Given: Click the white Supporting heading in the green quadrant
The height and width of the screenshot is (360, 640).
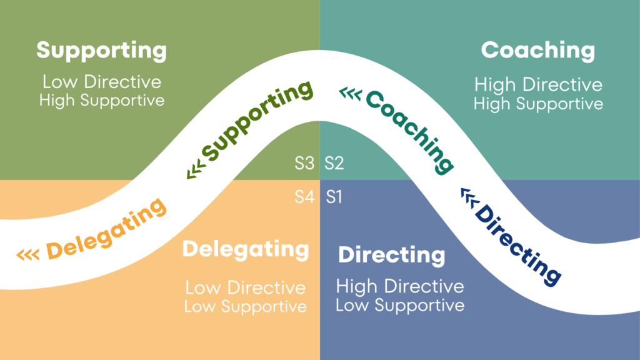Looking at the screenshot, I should [101, 51].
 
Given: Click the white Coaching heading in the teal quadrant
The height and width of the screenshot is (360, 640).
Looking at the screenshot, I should [537, 51].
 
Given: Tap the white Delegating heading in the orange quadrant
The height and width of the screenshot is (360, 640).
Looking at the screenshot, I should [246, 249].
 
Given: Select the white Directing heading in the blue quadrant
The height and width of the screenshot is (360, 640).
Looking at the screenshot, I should [392, 255].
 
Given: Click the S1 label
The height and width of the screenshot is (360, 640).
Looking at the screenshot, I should [334, 197].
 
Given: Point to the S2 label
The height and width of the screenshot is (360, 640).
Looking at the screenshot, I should [334, 164].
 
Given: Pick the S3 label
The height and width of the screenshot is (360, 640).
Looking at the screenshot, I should [304, 164].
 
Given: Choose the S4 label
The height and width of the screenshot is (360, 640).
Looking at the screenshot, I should [304, 197].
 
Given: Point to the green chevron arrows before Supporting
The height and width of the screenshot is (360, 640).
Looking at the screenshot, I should [195, 169].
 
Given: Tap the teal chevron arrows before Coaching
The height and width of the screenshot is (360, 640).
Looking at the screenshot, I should [350, 94].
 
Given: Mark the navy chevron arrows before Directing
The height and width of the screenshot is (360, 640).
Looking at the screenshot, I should [468, 197].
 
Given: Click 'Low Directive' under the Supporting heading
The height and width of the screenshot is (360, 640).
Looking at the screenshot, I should [101, 82].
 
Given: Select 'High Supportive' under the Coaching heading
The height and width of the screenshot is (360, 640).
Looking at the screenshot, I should [538, 104].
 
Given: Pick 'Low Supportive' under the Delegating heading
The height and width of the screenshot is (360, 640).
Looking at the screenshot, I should [246, 307].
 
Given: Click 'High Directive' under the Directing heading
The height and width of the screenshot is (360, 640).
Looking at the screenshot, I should [400, 287].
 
